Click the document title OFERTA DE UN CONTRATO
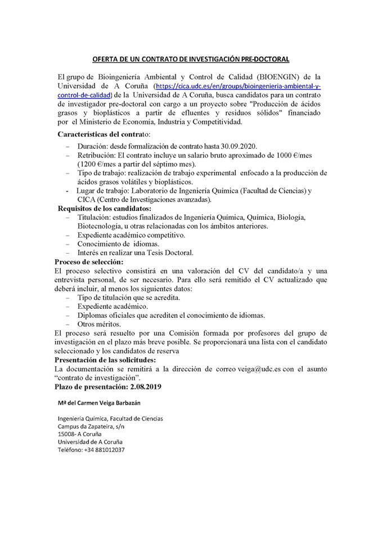pyautogui.click(x=191, y=59)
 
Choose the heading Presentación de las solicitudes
pyautogui.click(x=105, y=360)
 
